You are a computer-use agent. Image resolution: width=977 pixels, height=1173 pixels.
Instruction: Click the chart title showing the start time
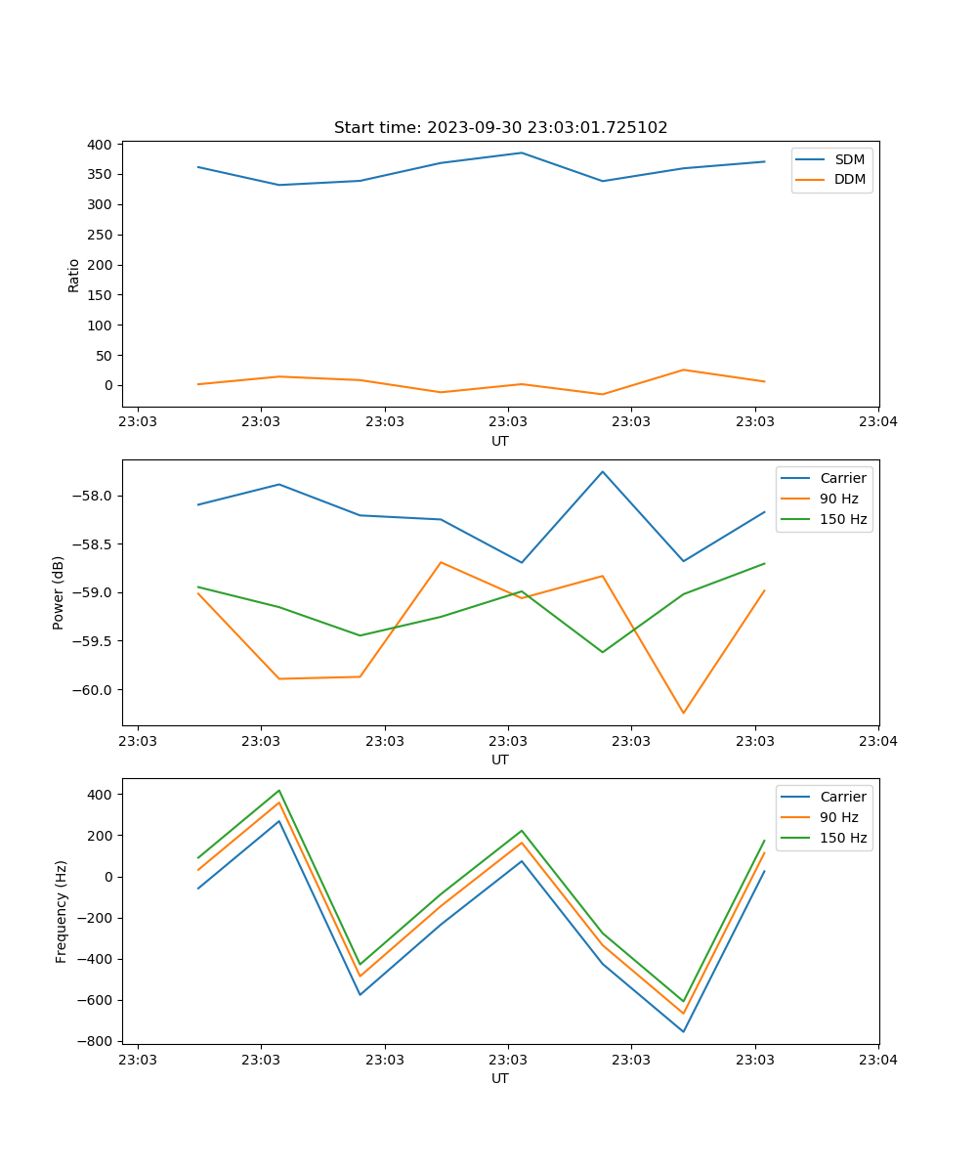500,128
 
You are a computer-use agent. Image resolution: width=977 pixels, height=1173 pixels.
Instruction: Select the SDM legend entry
849,159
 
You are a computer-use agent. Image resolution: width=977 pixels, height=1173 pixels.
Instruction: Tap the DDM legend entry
849,179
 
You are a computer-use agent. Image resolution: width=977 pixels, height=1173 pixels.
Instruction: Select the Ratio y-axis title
74,275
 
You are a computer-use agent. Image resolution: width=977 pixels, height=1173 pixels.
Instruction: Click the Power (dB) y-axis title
59,592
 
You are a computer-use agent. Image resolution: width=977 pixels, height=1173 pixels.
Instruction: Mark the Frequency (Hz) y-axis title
62,911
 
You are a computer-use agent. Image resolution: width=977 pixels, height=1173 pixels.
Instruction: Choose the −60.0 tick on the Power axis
94,690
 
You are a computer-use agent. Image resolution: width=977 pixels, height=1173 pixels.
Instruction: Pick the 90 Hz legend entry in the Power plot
839,499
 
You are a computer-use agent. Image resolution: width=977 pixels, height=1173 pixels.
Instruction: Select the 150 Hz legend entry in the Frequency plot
843,838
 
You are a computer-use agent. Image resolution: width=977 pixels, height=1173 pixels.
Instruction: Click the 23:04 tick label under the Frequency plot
877,1060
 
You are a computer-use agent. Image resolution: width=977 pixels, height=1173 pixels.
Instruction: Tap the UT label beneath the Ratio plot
500,441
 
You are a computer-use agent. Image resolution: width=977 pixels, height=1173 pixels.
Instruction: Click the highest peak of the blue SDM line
522,152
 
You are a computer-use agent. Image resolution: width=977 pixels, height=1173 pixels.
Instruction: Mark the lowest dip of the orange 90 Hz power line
683,713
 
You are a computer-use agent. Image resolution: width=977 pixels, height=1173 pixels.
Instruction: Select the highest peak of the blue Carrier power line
603,471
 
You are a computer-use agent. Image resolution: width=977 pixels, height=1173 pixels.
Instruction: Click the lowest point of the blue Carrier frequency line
683,1031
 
